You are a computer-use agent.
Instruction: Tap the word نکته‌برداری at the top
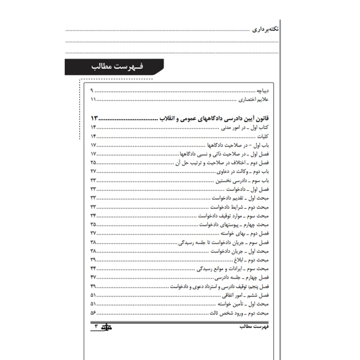[x=265, y=31]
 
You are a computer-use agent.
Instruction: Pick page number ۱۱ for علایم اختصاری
[x=93, y=99]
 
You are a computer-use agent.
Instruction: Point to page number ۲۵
[x=94, y=162]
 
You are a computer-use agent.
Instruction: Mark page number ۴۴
[x=94, y=269]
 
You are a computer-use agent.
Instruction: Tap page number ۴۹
[x=94, y=287]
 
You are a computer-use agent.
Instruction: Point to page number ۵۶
[x=94, y=313]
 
